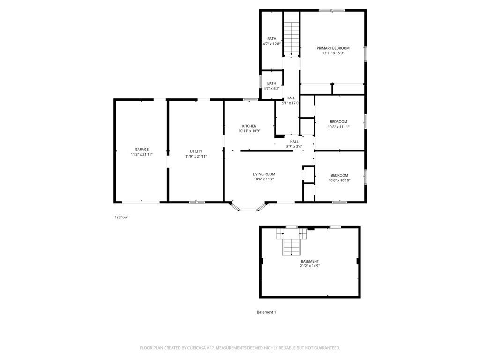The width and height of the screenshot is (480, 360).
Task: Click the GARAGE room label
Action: click(x=142, y=150)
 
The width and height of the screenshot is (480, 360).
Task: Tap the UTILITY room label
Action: click(x=196, y=151)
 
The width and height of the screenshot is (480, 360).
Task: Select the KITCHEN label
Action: click(x=249, y=126)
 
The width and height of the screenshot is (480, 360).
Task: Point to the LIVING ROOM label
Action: click(x=264, y=174)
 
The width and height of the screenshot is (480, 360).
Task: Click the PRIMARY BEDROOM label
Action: click(x=333, y=48)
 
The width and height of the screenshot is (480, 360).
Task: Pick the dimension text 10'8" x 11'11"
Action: click(x=338, y=127)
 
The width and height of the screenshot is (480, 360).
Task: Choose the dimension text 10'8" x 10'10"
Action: click(x=339, y=180)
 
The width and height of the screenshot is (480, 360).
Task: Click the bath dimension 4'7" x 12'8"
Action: click(x=271, y=44)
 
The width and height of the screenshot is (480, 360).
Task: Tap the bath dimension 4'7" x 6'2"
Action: click(x=271, y=89)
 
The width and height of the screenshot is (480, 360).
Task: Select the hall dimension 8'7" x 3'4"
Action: click(x=294, y=146)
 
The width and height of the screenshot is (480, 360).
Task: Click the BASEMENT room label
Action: click(x=310, y=261)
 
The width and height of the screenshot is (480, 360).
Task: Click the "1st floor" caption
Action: click(x=121, y=217)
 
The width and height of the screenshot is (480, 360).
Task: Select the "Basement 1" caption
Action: click(x=266, y=312)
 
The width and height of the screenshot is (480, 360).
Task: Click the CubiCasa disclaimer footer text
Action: click(x=240, y=348)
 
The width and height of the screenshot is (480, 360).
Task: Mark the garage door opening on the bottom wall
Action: click(x=141, y=202)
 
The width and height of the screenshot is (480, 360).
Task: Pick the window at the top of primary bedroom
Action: click(x=332, y=10)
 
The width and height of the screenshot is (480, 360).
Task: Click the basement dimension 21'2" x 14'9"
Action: click(x=310, y=266)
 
